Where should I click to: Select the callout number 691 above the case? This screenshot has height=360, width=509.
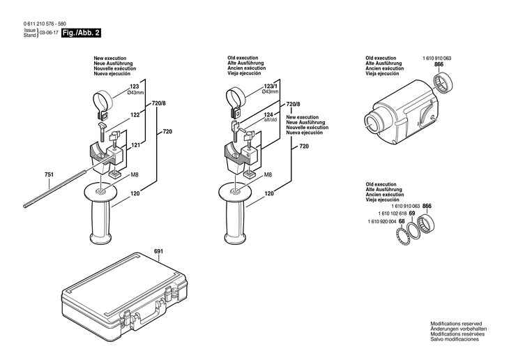(x=158, y=250)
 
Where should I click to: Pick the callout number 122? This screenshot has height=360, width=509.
(x=135, y=114)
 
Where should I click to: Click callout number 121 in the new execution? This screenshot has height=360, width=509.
(x=135, y=144)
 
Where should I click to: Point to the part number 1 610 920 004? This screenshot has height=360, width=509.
(x=381, y=222)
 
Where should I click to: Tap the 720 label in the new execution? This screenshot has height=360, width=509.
(x=167, y=132)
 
